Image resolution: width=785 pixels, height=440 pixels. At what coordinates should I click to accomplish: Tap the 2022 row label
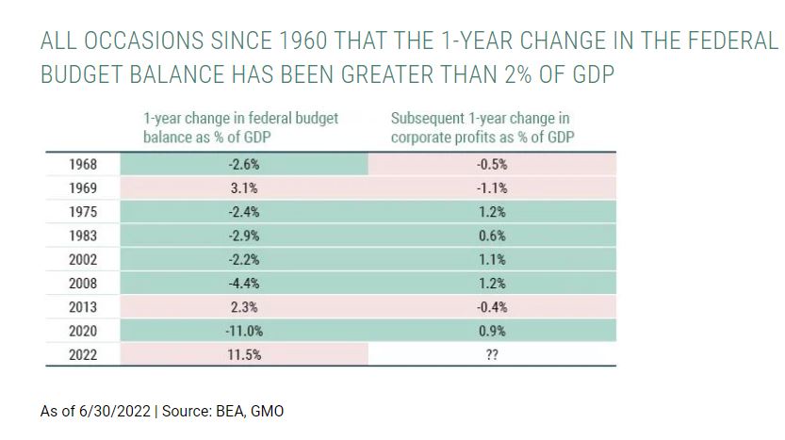click(x=83, y=355)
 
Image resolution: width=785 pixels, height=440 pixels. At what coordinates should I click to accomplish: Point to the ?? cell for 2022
click(x=491, y=355)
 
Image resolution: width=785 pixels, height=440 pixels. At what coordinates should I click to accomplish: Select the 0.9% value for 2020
click(x=491, y=332)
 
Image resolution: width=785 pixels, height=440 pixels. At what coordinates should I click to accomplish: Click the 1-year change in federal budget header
click(x=239, y=127)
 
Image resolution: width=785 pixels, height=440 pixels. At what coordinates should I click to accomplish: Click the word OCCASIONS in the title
click(x=160, y=42)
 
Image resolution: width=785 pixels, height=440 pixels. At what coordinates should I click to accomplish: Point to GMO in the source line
click(x=267, y=411)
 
